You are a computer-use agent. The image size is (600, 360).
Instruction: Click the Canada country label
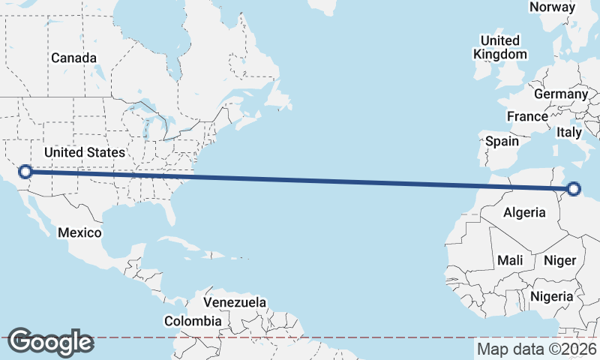[73, 58]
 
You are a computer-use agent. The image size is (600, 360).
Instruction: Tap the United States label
[84, 152]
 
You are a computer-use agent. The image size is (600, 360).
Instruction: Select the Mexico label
[79, 232]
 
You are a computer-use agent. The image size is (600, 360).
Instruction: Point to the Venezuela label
[235, 302]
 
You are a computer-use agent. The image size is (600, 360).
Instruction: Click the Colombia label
[193, 321]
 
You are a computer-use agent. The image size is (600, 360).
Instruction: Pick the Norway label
[552, 7]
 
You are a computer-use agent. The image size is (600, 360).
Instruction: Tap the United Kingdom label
[499, 47]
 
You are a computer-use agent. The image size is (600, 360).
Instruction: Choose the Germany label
[560, 94]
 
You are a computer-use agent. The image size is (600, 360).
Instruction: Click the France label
[527, 117]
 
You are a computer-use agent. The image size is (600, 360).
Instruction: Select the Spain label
[502, 141]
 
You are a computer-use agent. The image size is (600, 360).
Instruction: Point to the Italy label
[569, 132]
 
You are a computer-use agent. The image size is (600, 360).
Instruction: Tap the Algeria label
[524, 212]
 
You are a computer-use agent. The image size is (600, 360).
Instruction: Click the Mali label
[510, 260]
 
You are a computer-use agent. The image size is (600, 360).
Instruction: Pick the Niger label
[559, 260]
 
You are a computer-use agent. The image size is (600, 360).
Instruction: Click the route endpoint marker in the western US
[25, 172]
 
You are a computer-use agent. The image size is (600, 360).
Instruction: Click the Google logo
[50, 342]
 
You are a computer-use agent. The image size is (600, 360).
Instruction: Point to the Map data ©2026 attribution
[537, 349]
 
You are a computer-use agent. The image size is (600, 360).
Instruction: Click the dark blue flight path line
[300, 180]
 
